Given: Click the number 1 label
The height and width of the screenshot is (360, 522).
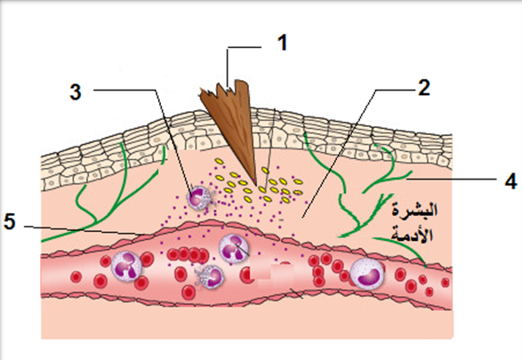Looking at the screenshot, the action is [x=282, y=44].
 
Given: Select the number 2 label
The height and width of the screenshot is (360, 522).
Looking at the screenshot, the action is [x=424, y=88].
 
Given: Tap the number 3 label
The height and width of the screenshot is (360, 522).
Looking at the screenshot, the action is [x=76, y=92].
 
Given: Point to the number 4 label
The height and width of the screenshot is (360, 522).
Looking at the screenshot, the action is [x=511, y=181].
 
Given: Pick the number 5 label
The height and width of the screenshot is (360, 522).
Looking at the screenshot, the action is [x=10, y=221].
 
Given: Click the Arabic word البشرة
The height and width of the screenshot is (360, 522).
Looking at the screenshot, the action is [x=414, y=211].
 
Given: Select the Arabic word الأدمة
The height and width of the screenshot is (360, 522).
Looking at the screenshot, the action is [x=413, y=234].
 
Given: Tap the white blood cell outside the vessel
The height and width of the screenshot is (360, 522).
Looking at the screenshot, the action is [x=198, y=199].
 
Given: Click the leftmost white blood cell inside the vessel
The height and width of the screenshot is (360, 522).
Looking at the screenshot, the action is [x=127, y=266].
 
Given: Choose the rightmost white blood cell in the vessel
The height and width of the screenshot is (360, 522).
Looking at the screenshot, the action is [x=367, y=274].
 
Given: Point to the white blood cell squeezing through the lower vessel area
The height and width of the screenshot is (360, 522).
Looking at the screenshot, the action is [x=210, y=276].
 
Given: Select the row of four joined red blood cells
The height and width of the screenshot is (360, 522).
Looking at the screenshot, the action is [x=189, y=255].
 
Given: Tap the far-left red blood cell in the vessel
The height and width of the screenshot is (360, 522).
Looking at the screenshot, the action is [x=76, y=276].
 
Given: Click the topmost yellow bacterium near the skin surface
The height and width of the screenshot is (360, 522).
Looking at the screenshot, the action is [x=220, y=162].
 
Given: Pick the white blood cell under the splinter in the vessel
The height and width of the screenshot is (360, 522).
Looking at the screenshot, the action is [x=234, y=250].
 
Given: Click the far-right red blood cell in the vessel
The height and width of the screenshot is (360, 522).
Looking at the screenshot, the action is [x=446, y=283].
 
